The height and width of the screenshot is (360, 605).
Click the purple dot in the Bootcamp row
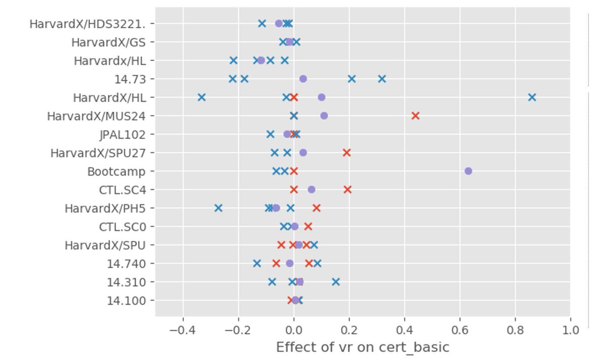(x=468, y=171)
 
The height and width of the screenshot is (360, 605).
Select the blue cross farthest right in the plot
(x=532, y=97)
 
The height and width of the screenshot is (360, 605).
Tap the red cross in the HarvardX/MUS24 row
(x=415, y=116)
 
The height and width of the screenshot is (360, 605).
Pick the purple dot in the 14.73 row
(x=303, y=79)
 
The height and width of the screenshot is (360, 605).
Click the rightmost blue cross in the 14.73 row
(x=382, y=79)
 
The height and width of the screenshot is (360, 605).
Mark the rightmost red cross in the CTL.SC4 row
(x=347, y=190)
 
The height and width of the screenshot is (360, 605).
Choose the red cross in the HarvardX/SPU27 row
(x=346, y=153)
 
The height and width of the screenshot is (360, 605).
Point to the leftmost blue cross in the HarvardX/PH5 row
(x=218, y=208)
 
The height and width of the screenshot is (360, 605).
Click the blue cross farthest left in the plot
(x=202, y=97)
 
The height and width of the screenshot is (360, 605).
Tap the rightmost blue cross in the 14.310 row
(x=336, y=282)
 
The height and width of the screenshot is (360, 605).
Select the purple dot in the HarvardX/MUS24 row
(x=324, y=116)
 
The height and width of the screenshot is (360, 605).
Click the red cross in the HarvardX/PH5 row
(x=316, y=208)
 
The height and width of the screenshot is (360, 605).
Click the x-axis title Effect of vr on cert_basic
(x=362, y=347)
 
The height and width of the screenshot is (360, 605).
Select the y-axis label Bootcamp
(x=116, y=171)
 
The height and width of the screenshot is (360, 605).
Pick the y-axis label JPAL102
(x=123, y=135)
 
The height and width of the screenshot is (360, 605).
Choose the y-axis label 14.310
(x=126, y=282)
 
